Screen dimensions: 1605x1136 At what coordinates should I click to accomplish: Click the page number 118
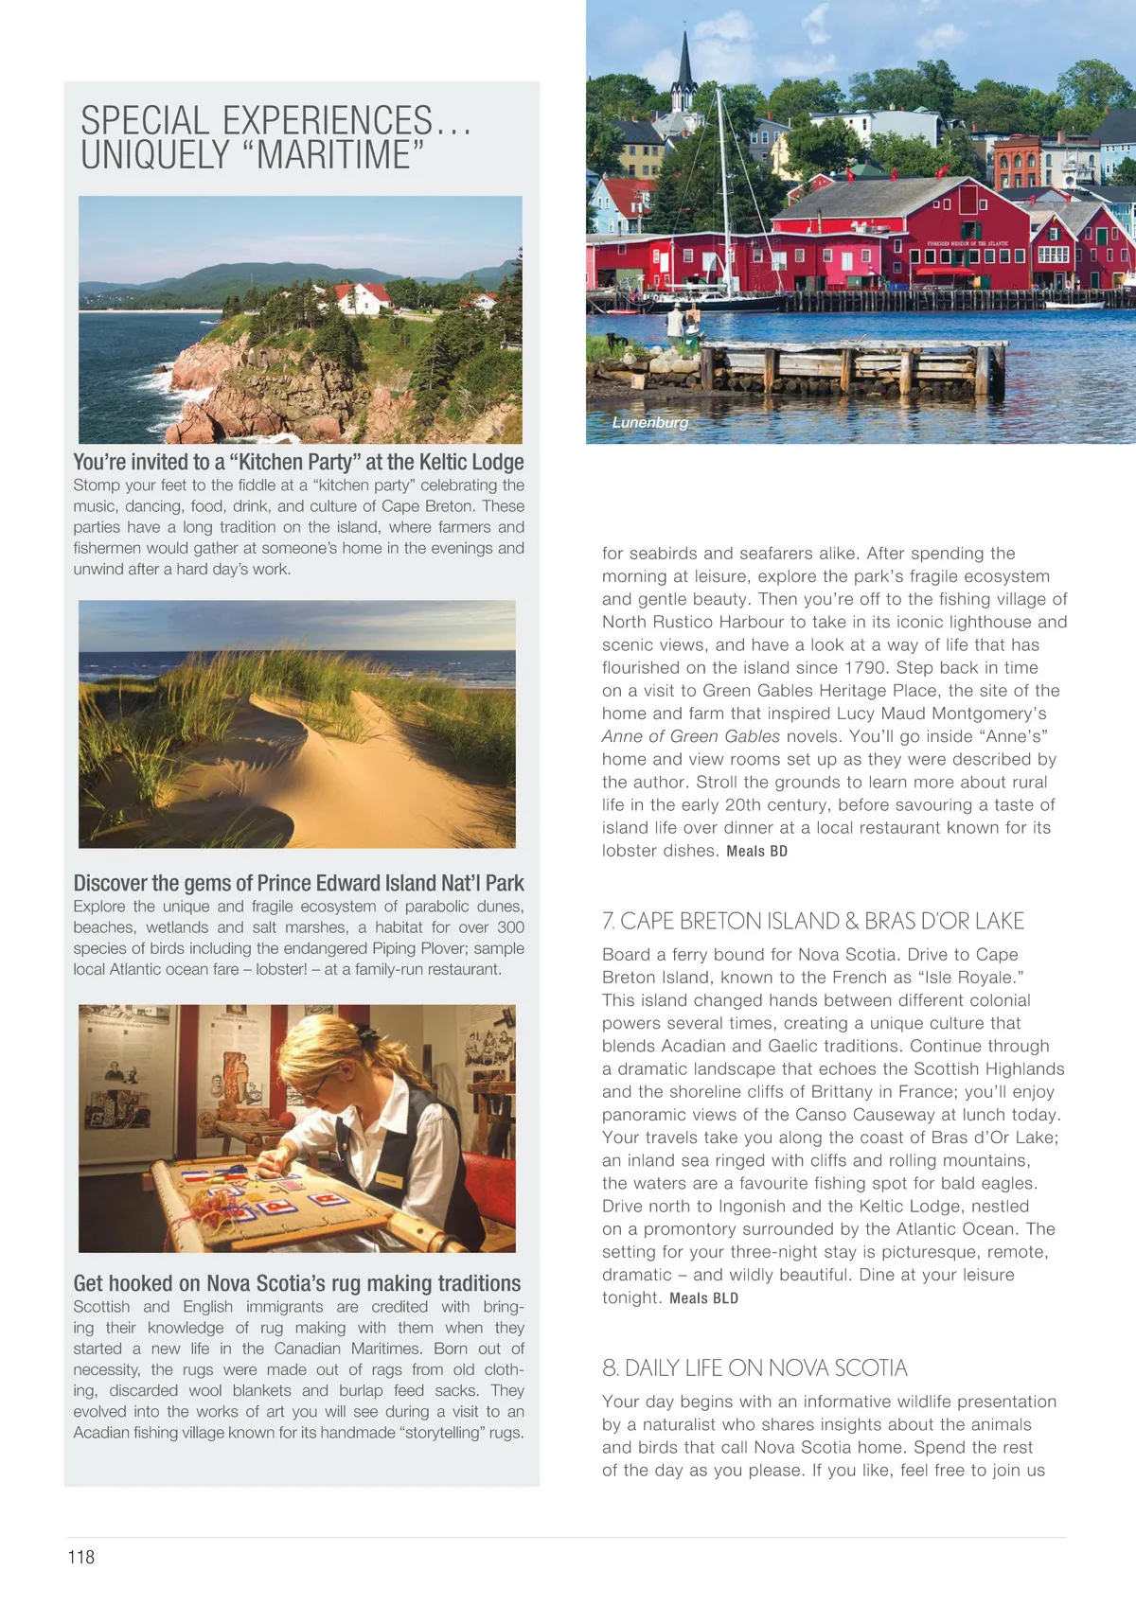(81, 1557)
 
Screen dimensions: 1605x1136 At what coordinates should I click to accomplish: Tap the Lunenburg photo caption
(650, 422)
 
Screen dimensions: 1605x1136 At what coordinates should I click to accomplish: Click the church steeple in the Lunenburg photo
(684, 72)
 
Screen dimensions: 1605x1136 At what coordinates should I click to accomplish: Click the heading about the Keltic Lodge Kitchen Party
(298, 462)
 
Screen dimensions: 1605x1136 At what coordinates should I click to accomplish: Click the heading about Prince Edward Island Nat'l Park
(298, 883)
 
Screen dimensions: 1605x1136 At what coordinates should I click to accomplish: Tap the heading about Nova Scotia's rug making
(297, 1283)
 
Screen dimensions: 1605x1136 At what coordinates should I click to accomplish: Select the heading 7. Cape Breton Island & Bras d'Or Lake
(813, 921)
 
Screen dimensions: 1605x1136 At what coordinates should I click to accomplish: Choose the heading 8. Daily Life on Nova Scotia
(754, 1367)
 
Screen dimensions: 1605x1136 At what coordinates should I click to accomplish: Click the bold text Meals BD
(756, 851)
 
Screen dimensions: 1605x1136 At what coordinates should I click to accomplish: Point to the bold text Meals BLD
(703, 1298)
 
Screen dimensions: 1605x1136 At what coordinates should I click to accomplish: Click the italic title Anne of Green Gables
(691, 736)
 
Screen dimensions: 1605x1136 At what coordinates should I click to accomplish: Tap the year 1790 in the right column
(865, 667)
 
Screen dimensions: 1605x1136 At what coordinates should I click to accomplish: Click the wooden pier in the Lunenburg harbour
(852, 369)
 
